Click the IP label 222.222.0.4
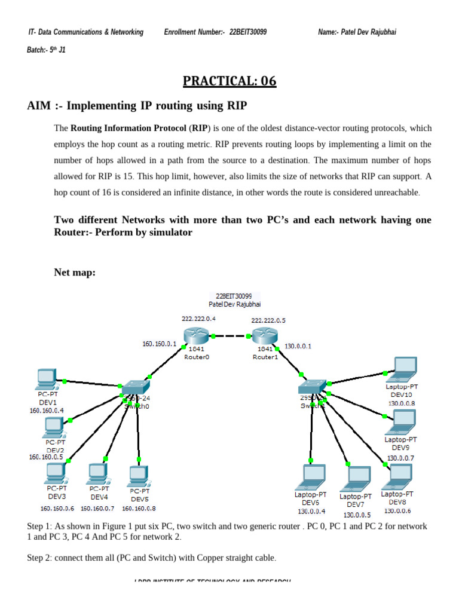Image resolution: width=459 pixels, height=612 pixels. click(x=198, y=319)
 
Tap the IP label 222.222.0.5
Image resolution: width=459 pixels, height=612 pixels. click(x=268, y=320)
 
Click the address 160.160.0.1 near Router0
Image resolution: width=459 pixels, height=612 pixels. click(x=160, y=344)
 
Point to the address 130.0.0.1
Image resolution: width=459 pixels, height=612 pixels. click(x=298, y=345)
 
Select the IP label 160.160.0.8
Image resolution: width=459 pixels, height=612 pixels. click(x=139, y=509)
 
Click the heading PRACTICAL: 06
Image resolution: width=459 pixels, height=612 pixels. click(x=229, y=81)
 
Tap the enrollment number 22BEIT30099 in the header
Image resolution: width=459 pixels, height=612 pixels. click(x=248, y=32)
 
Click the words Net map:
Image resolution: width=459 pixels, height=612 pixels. click(x=75, y=273)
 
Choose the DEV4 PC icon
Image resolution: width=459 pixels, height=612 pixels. click(x=97, y=474)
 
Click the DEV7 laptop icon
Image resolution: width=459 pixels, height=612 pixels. click(x=358, y=478)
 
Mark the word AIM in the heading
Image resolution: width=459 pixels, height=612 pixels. click(x=39, y=106)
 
